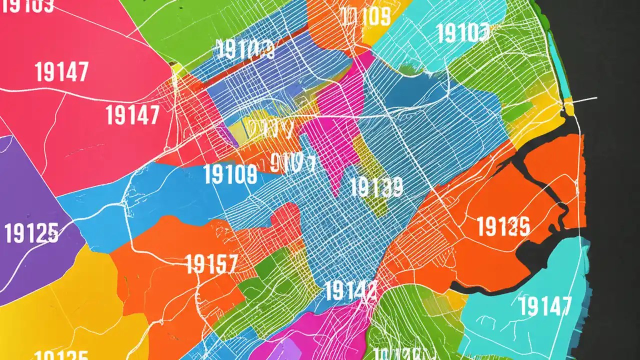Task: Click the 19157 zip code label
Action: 211,263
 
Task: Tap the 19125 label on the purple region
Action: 31,233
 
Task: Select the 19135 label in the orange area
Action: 503,226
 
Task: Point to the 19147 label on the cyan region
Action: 545,306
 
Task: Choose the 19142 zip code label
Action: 350,290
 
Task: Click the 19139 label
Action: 376,187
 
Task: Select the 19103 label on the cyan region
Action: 463,33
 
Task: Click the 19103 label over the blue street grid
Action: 245,50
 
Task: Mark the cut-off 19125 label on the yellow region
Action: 62,355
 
